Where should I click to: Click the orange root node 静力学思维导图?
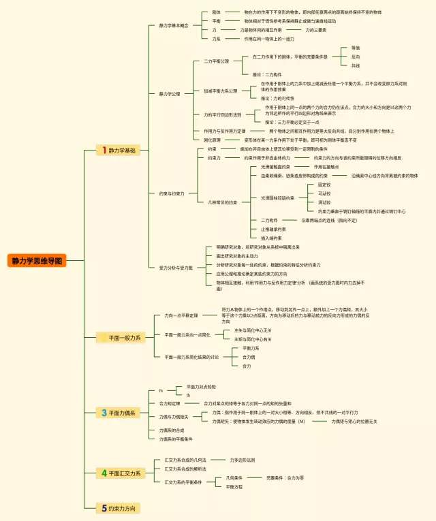(x=37, y=261)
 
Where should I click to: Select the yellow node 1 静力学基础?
(x=118, y=150)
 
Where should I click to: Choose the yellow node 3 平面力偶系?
(x=118, y=413)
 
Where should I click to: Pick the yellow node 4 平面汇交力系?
(x=121, y=473)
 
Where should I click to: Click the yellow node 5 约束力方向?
(x=118, y=508)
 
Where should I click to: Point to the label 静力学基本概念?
(x=174, y=26)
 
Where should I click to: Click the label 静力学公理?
(x=170, y=94)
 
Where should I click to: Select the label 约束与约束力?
(x=172, y=193)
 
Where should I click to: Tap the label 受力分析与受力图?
(x=176, y=268)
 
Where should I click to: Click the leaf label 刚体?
(x=216, y=12)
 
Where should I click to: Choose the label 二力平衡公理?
(x=216, y=61)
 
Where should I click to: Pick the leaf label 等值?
(x=356, y=48)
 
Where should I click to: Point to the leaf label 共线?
(x=356, y=66)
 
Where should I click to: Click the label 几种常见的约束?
(x=223, y=202)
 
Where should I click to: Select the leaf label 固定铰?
(x=324, y=185)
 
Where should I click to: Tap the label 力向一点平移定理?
(x=181, y=316)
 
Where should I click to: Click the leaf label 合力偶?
(x=249, y=357)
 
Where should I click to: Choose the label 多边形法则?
(x=243, y=460)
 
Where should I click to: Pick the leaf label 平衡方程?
(x=234, y=487)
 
